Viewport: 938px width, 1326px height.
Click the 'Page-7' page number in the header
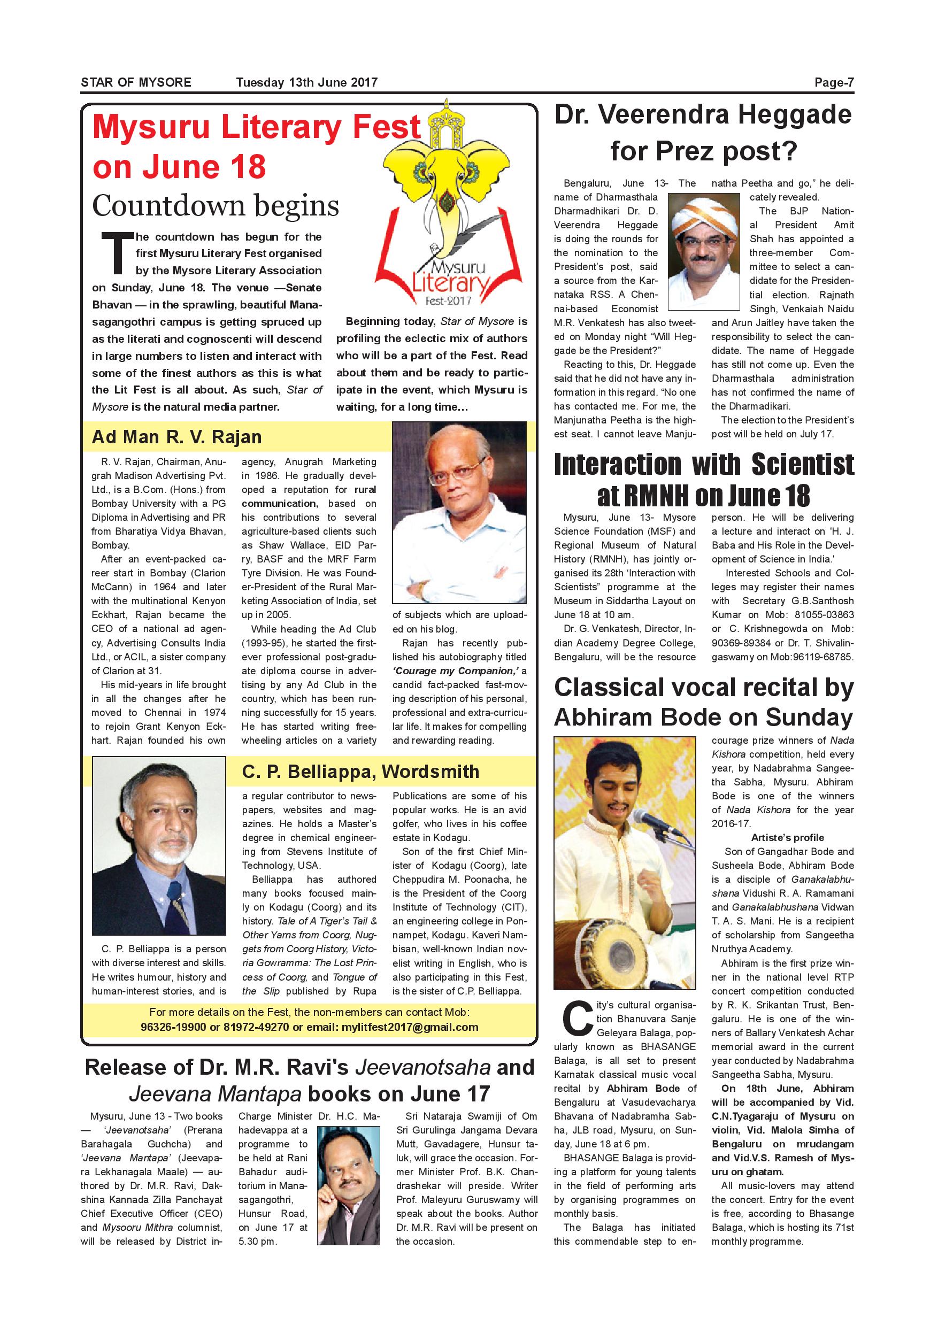pyautogui.click(x=834, y=82)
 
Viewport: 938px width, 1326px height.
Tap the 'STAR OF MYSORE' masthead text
pyautogui.click(x=136, y=82)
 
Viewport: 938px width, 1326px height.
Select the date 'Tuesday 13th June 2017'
pyautogui.click(x=307, y=82)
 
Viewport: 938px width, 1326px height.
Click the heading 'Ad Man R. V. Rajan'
pyautogui.click(x=176, y=437)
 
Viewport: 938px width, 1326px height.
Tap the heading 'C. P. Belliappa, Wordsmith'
pyautogui.click(x=360, y=772)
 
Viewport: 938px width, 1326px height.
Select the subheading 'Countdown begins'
pyautogui.click(x=216, y=206)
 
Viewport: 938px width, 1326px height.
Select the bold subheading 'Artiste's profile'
pyautogui.click(x=787, y=837)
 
